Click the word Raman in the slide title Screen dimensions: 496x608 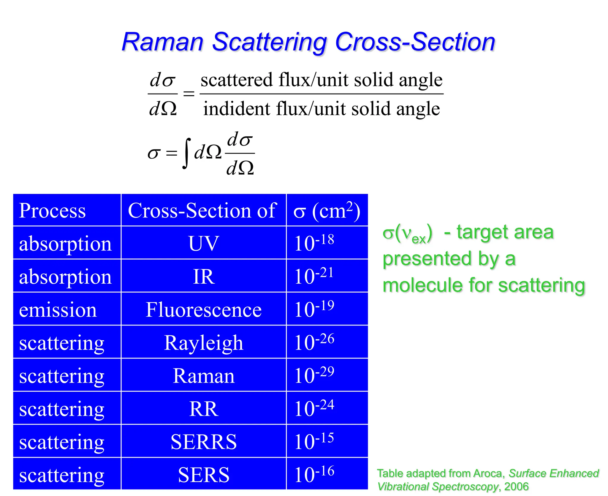tap(162, 42)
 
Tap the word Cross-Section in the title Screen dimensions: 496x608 tap(415, 42)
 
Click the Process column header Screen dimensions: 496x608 tap(53, 211)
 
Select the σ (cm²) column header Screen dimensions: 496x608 tap(327, 211)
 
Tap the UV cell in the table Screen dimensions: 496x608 tap(203, 243)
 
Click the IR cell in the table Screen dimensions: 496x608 tap(203, 277)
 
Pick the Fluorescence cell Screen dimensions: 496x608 tap(203, 310)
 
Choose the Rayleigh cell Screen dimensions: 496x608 tap(203, 343)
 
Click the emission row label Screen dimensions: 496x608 tap(58, 310)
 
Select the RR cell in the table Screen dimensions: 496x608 tap(203, 409)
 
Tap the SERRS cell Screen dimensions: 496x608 tap(203, 442)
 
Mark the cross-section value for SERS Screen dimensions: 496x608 tap(314, 474)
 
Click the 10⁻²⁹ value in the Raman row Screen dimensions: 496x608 tap(314, 375)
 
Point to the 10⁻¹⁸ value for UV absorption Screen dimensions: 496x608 tap(314, 243)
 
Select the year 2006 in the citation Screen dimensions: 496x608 tap(516, 486)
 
